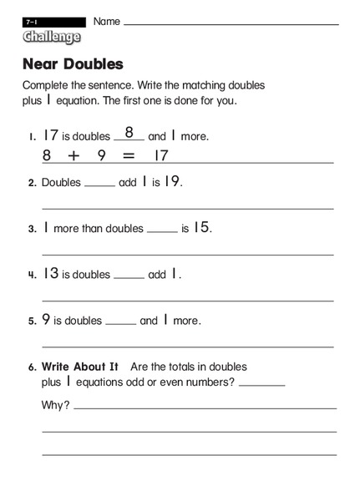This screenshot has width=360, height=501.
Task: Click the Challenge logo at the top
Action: click(x=52, y=37)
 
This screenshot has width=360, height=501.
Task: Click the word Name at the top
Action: click(x=106, y=21)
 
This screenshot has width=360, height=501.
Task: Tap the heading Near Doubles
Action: click(x=73, y=64)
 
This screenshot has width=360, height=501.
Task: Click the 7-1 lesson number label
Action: click(x=31, y=21)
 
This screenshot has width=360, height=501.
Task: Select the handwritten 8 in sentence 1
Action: click(x=129, y=132)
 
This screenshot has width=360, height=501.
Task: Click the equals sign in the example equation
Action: click(x=128, y=155)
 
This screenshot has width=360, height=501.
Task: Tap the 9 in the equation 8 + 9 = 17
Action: click(x=102, y=155)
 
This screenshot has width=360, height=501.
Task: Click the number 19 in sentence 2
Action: click(x=170, y=181)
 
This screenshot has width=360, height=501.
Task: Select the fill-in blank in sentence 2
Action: click(x=99, y=185)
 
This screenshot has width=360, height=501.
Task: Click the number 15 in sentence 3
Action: click(x=201, y=227)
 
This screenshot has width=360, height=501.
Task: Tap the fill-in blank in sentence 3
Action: click(x=162, y=231)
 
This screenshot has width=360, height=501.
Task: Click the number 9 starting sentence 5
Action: click(x=46, y=320)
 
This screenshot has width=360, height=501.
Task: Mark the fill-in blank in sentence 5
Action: click(x=121, y=324)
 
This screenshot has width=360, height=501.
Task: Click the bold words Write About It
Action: click(x=80, y=367)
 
